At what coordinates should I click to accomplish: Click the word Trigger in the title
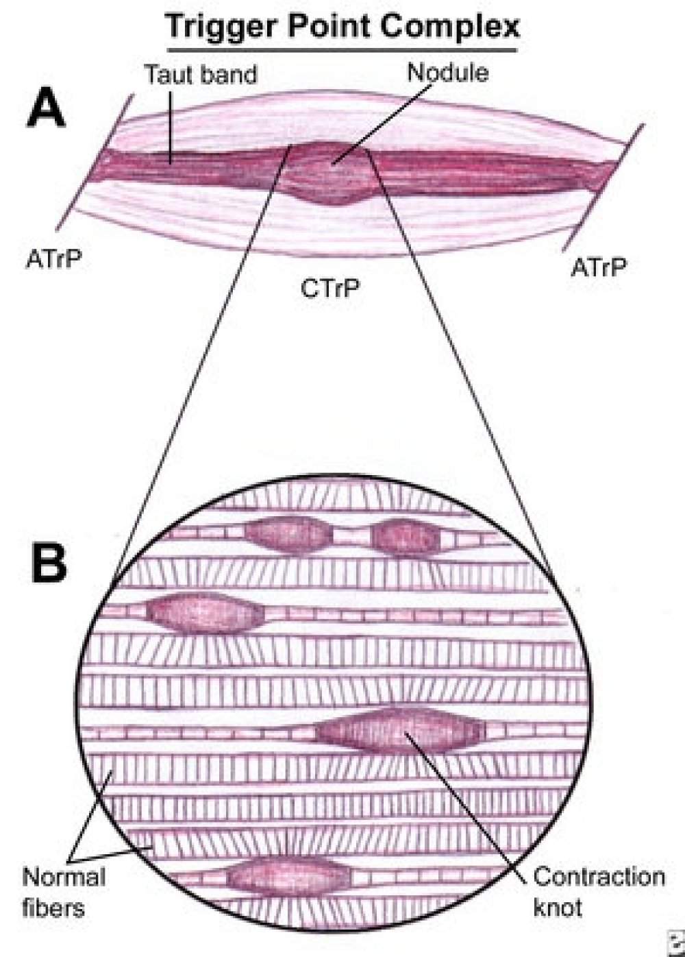tap(222, 27)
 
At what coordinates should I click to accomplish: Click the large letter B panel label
tap(49, 564)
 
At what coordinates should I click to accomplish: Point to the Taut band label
tap(201, 74)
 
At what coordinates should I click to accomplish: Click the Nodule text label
tap(448, 73)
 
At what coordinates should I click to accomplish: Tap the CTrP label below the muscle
tap(329, 289)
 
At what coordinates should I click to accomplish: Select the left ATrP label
tap(53, 259)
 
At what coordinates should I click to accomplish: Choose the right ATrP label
tap(599, 267)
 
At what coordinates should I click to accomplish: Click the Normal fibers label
tap(64, 893)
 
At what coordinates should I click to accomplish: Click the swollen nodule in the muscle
tap(328, 173)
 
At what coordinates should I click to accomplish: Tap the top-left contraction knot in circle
tap(287, 535)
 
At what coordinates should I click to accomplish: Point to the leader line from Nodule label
tap(382, 124)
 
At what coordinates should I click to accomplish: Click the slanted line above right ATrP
tap(603, 188)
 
